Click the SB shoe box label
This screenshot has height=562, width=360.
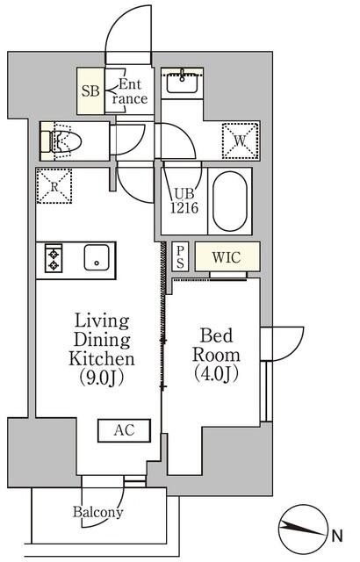90,90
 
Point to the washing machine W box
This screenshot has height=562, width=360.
239,139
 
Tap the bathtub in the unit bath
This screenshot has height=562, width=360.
232,202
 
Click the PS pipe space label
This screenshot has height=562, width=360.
179,256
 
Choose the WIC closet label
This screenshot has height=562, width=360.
227,257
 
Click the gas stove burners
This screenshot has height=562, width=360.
53,259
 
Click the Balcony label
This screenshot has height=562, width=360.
98,512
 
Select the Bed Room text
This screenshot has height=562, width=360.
215,345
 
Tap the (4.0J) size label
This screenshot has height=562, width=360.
215,372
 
